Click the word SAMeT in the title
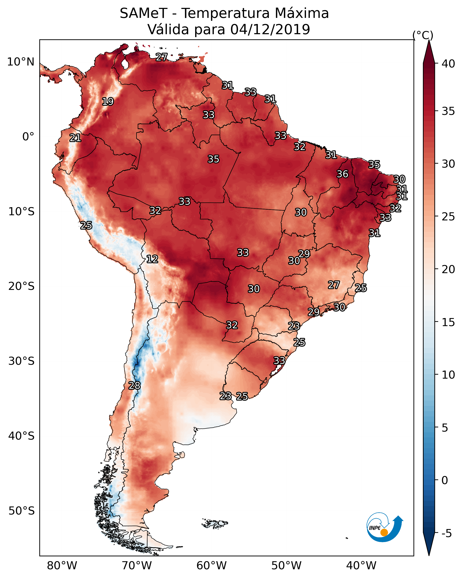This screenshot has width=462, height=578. [x=143, y=13]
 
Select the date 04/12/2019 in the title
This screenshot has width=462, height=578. [x=270, y=30]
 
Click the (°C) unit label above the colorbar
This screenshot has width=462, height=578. [x=423, y=35]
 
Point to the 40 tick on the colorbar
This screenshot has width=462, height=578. [x=448, y=64]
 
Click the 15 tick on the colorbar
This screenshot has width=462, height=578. [x=448, y=322]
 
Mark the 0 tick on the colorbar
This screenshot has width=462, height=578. [x=445, y=480]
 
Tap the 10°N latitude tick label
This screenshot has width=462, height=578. [x=21, y=62]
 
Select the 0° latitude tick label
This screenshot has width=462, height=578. [x=28, y=137]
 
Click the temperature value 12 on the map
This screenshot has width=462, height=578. [x=152, y=259]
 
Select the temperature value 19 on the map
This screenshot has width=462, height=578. [x=108, y=102]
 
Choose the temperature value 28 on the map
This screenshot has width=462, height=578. [x=134, y=386]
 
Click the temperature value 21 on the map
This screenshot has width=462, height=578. [x=75, y=138]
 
